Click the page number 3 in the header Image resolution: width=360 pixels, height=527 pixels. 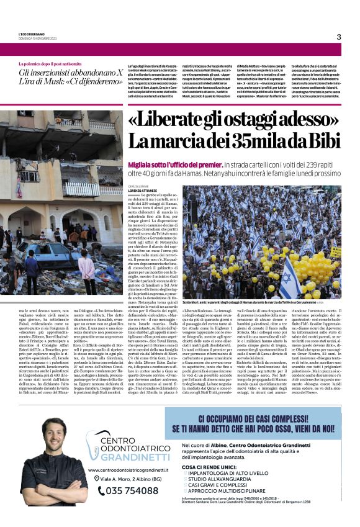tap(339, 37)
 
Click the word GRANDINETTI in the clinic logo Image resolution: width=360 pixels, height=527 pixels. tap(130, 457)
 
